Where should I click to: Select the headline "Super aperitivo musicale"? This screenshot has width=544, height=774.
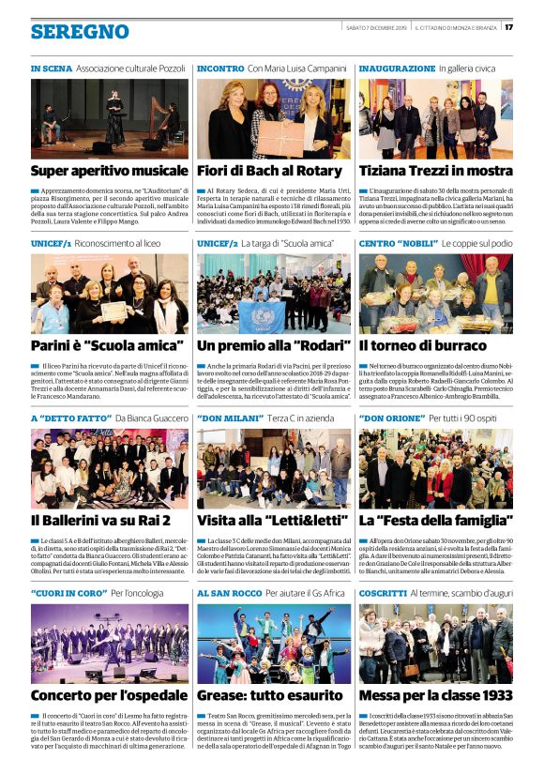coord(110,171)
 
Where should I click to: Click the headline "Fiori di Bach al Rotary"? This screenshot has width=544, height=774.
coord(269,171)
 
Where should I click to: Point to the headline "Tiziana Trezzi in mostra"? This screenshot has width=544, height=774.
coord(435,171)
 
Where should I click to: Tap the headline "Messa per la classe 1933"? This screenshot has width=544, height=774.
coord(435,695)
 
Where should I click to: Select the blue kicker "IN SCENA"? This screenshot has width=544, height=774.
coord(51,69)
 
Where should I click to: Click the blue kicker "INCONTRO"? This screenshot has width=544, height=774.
coord(220,69)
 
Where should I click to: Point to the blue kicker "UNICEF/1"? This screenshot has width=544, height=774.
coord(52,243)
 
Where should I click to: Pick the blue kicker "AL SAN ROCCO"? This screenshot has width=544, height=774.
coord(229,594)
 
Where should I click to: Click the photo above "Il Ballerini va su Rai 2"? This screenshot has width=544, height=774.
coord(110,468)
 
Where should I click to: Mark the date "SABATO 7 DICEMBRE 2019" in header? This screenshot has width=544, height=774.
coord(375,27)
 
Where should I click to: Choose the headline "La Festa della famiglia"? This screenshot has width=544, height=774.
coord(435,520)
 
